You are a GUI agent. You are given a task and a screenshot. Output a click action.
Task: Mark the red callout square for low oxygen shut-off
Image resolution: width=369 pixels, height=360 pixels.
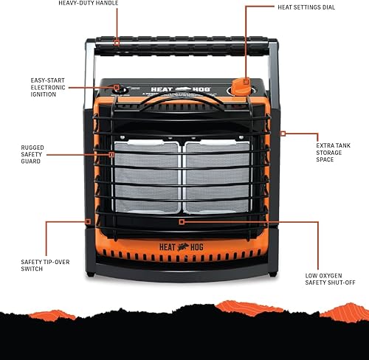(182, 220)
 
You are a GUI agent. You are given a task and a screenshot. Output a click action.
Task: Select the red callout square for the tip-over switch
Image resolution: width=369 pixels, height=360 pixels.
(87, 220)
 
